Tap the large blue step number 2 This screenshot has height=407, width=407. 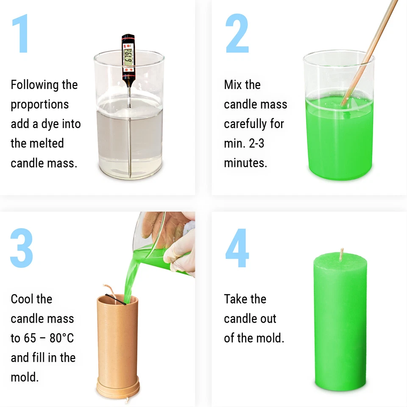[237, 34]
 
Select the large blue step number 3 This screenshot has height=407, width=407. [22, 248]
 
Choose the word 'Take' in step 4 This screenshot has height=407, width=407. [235, 299]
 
